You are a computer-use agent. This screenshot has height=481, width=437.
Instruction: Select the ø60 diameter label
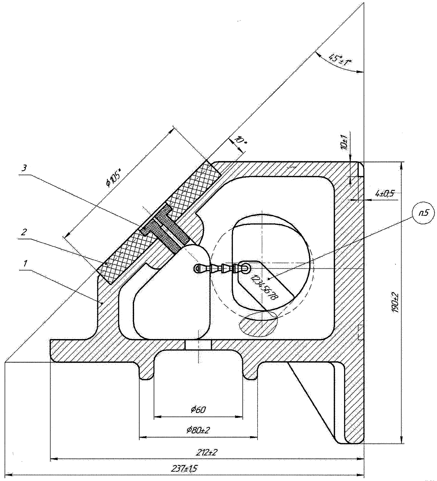coord(198,410)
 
